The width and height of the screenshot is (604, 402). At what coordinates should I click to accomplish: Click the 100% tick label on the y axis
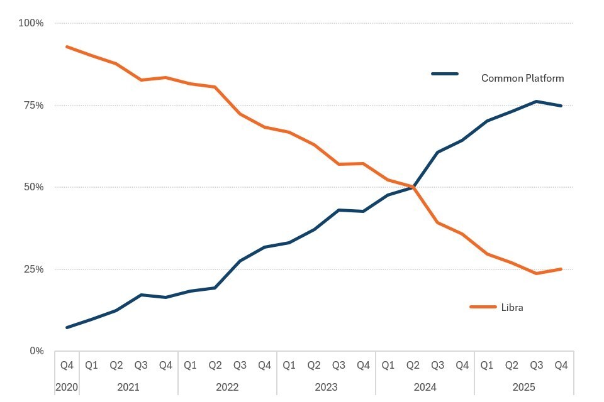(x=31, y=23)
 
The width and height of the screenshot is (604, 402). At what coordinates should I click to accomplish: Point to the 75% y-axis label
(x=33, y=106)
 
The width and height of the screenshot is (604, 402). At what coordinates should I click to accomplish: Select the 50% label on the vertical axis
(x=33, y=187)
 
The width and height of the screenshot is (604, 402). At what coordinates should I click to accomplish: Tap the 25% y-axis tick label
(x=33, y=269)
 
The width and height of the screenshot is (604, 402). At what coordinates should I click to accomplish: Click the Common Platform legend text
(x=522, y=79)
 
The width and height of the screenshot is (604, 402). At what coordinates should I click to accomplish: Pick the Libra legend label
(x=512, y=308)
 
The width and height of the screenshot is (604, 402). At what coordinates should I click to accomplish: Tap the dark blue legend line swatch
(x=445, y=74)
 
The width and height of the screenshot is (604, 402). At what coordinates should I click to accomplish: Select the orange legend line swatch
(x=483, y=307)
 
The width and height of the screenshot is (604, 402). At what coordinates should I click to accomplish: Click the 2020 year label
(x=67, y=387)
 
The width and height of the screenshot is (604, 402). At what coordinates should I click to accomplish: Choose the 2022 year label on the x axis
(x=227, y=387)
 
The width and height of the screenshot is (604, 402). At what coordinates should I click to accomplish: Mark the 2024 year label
(x=425, y=387)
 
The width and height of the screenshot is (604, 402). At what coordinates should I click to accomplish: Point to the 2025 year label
(x=523, y=387)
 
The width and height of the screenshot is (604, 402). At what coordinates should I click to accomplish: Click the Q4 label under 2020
(x=67, y=365)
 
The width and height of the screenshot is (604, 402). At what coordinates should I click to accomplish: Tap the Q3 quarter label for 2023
(x=338, y=365)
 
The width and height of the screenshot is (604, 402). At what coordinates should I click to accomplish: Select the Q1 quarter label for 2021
(x=91, y=365)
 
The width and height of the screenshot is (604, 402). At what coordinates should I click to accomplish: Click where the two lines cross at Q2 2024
(x=413, y=187)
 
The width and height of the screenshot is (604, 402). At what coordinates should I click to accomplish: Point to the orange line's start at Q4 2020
(x=67, y=46)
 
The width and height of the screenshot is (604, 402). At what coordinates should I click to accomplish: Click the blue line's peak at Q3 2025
(x=536, y=101)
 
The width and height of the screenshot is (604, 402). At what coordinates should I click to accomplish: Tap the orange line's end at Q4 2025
(x=561, y=269)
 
